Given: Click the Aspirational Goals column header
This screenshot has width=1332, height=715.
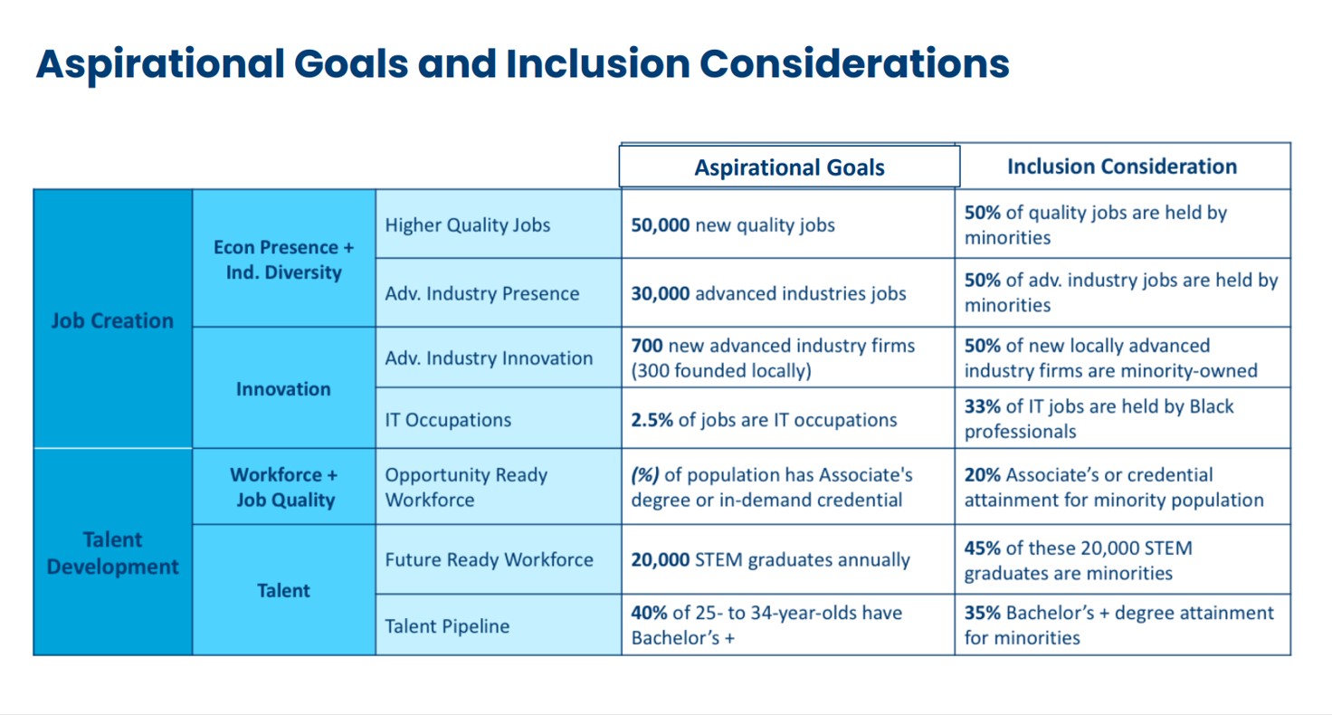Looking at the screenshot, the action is [789, 167].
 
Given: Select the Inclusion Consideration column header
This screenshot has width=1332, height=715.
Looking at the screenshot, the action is [1122, 166].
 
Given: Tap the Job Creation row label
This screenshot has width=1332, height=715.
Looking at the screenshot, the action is [112, 320].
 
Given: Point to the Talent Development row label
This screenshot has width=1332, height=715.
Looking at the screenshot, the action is [112, 553].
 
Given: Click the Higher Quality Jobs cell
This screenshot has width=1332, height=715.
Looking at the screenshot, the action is [499, 224].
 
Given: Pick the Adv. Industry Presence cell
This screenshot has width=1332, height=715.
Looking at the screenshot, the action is [499, 292].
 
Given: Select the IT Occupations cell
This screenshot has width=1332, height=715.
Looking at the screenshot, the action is [499, 419].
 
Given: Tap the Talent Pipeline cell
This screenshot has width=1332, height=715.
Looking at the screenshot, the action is [499, 625].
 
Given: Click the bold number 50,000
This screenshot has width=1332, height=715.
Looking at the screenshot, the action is [660, 224].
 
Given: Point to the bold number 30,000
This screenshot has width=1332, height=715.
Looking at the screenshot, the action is [660, 293].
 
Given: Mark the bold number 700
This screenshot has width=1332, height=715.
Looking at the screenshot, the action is [646, 346].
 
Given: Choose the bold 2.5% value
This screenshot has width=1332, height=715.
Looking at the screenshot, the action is [652, 420].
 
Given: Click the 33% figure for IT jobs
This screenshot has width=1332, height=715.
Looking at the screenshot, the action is [983, 406].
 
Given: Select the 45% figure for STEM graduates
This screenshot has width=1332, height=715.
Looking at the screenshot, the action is [983, 548].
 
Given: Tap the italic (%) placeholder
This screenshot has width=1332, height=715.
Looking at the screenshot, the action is [644, 474].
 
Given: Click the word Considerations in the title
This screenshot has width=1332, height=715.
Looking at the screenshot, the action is [854, 63].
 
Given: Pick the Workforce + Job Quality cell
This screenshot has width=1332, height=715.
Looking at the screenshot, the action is [284, 487].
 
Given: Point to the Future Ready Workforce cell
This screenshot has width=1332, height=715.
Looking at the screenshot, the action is [499, 559].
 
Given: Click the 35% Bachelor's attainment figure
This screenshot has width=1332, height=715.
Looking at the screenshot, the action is [983, 613].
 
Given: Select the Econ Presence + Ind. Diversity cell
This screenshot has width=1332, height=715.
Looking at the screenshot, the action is [284, 259].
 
